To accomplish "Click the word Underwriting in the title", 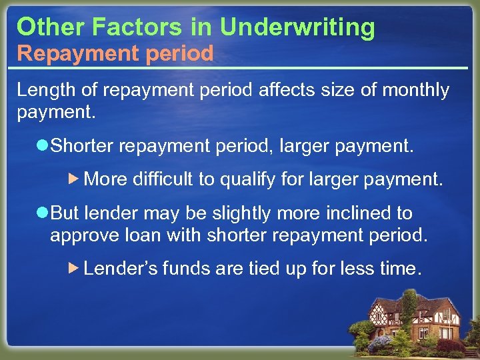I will pos(297,27).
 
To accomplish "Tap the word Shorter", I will pos(84,146).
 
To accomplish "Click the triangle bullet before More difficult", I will pos(75,179).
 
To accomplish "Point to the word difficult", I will pos(163,179).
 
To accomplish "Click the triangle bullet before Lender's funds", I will pos(75,269).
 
